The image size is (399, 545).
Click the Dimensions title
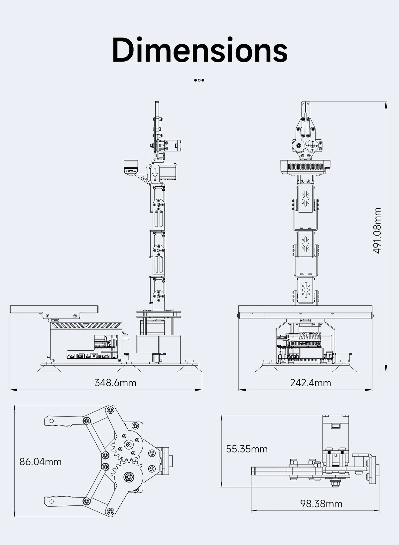[200, 50]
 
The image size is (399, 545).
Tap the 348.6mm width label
[115, 383]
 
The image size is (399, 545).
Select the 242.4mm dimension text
[311, 383]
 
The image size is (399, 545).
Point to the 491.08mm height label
[377, 230]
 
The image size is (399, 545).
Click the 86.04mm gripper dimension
[40, 462]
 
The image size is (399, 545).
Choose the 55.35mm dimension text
[247, 449]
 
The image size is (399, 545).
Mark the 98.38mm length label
[321, 504]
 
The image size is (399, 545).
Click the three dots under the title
[199, 80]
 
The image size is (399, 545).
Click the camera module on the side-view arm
[131, 167]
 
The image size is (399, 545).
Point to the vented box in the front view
[305, 167]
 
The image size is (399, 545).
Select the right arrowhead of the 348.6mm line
[199, 390]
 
